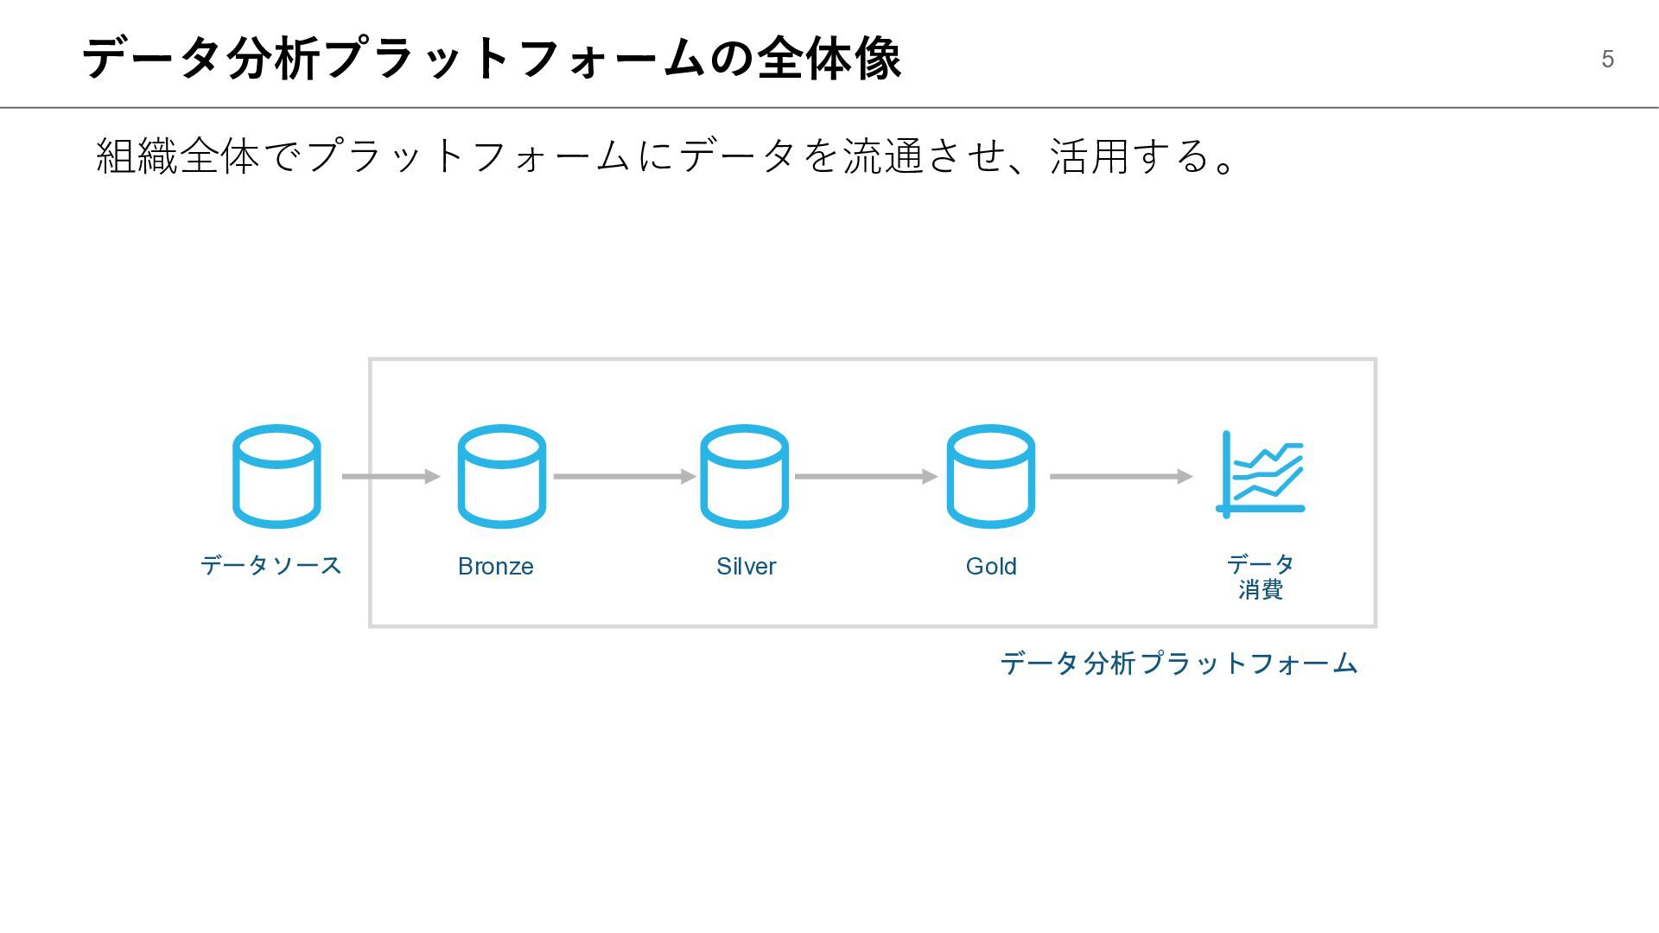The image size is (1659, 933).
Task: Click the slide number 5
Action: pos(1607,59)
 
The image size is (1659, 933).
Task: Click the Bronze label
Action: pos(496,567)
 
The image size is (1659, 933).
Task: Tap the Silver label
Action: pos(746,567)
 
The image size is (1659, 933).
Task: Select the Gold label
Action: pos(991,567)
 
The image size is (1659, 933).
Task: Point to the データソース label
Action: pos(271,566)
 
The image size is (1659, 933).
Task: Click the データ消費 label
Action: pos(1261,577)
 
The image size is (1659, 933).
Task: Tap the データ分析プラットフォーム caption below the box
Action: pos(1179,663)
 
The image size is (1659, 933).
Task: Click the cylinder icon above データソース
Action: pos(276,476)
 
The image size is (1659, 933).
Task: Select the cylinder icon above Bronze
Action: pos(501,476)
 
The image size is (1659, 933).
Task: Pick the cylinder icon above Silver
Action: pos(744,476)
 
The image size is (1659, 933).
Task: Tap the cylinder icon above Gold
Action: pos(990,476)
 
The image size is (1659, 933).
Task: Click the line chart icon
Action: pos(1261,474)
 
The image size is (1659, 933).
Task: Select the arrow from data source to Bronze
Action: pos(391,476)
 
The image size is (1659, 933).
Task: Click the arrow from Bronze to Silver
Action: pos(624,476)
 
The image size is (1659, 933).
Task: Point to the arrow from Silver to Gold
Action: pos(866,476)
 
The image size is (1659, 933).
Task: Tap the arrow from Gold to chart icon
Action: pos(1121,476)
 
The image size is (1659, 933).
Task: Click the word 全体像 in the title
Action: pos(829,59)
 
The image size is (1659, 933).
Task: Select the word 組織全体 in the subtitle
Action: pos(178,156)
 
